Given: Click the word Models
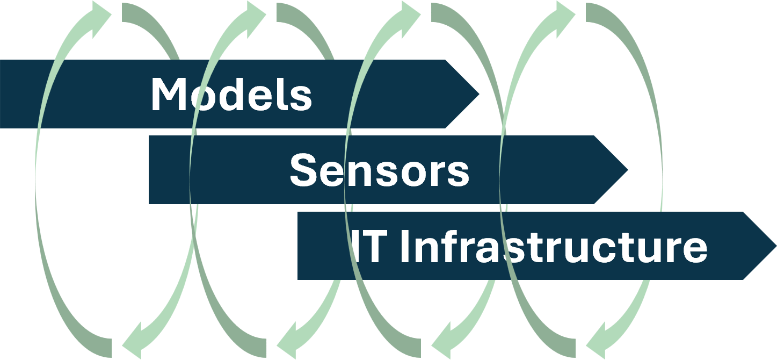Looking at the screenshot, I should pos(231,95).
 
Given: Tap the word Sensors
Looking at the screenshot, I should pos(379,170).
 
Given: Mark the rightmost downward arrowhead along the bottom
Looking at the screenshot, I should pos(599,339).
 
